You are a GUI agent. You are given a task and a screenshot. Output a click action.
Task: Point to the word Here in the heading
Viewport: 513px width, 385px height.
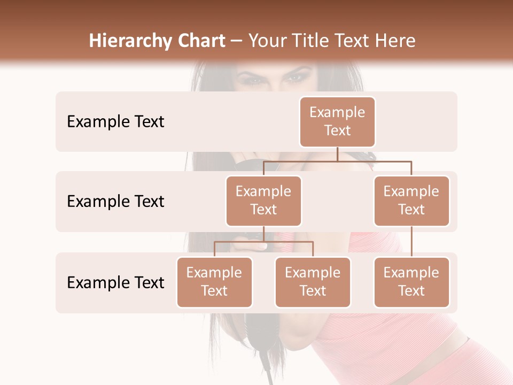pos(393,41)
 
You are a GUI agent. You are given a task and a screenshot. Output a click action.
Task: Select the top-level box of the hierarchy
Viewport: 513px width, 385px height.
pos(337,121)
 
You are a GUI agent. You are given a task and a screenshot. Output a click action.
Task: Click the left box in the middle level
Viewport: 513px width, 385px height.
pos(263,201)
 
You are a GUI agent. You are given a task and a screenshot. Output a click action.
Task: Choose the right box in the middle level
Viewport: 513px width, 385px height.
pos(411,201)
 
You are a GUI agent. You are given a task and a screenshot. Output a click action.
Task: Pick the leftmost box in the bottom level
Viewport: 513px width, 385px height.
pos(214,282)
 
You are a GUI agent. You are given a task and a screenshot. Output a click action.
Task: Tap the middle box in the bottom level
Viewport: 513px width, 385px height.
pos(313,282)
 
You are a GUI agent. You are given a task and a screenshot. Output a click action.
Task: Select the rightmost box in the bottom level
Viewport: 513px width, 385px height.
pos(411,282)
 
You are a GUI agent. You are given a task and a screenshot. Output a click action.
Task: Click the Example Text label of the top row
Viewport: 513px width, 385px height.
pos(115,122)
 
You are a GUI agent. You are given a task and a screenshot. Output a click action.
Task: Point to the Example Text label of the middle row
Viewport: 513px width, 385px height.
pos(115,202)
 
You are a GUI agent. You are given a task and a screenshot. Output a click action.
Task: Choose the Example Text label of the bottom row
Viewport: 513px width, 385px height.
pos(115,283)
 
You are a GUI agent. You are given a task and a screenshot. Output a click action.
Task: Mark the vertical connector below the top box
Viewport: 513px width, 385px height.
pos(337,154)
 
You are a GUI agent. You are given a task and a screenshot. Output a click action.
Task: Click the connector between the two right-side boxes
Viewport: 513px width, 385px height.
pos(411,242)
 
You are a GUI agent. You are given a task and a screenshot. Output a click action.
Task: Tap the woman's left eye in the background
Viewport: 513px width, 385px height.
pos(295,79)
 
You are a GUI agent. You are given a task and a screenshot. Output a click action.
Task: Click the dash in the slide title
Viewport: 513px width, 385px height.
pos(237,41)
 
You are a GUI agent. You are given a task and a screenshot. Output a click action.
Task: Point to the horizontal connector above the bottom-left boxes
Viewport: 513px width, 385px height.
pos(263,242)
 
